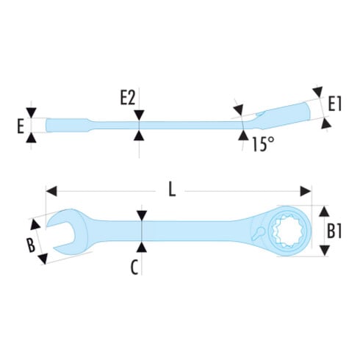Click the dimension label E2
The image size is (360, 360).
click(127, 98)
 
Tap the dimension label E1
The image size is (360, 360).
click(335, 104)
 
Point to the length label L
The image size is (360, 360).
click(172, 190)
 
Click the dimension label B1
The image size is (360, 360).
click(334, 231)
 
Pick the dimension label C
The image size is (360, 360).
click(134, 267)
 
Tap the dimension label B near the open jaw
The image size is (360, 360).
click(31, 245)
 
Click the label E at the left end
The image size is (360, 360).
click(21, 127)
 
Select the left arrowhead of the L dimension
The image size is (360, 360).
click(51, 191)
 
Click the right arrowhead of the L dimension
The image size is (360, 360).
click(305, 191)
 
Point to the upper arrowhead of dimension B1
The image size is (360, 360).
click(325, 211)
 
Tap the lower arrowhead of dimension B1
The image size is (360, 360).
click(325, 251)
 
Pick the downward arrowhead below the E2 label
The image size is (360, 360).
click(139, 115)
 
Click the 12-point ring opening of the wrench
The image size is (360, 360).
click(287, 231)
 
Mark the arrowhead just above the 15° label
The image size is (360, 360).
click(243, 135)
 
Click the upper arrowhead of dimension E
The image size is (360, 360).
click(32, 112)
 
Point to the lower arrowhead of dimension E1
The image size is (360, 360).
click(326, 123)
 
